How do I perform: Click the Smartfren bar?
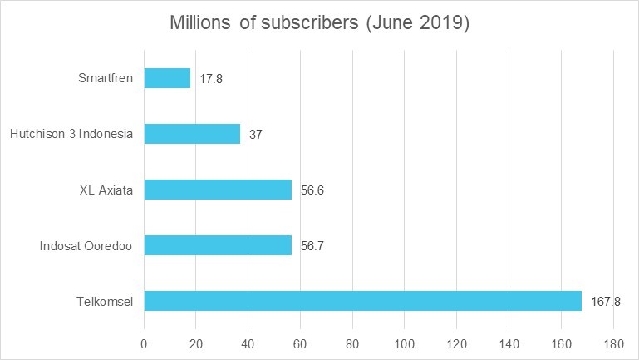(x=167, y=78)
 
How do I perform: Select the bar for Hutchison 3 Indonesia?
(x=192, y=134)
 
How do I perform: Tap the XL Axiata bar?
(x=218, y=190)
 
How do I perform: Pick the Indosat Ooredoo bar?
(x=218, y=245)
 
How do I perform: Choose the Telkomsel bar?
(x=362, y=301)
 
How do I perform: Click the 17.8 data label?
(x=211, y=79)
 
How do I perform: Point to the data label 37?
(x=256, y=135)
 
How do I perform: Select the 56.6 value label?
(x=312, y=190)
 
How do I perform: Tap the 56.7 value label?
(x=312, y=246)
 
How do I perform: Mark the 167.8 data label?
(x=606, y=302)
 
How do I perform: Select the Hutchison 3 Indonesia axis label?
(x=71, y=135)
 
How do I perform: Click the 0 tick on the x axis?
(x=144, y=343)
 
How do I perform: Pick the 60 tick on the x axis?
(x=301, y=343)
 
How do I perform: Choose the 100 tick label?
(x=405, y=343)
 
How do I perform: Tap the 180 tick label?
(x=614, y=343)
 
